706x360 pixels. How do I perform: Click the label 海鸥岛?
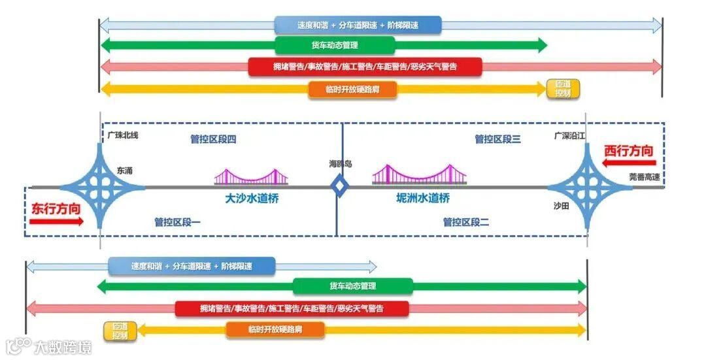(340, 163)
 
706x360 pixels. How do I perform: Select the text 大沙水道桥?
(252, 198)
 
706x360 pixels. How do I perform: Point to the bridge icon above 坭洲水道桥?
(419, 174)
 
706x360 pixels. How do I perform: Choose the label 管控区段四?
(213, 139)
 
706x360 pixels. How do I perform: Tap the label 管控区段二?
(466, 222)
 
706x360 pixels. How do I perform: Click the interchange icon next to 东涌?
(101, 186)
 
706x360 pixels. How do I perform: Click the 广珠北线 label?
(122, 135)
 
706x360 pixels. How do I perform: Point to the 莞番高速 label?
(645, 176)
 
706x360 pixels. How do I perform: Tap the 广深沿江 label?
(567, 136)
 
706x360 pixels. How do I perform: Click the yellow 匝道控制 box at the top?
(563, 89)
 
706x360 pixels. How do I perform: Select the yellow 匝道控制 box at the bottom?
(120, 331)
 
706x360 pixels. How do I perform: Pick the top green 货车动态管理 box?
(335, 45)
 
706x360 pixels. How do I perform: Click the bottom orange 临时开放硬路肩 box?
(275, 330)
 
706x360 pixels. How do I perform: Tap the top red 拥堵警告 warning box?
(365, 67)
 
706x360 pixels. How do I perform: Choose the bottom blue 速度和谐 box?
(192, 267)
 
